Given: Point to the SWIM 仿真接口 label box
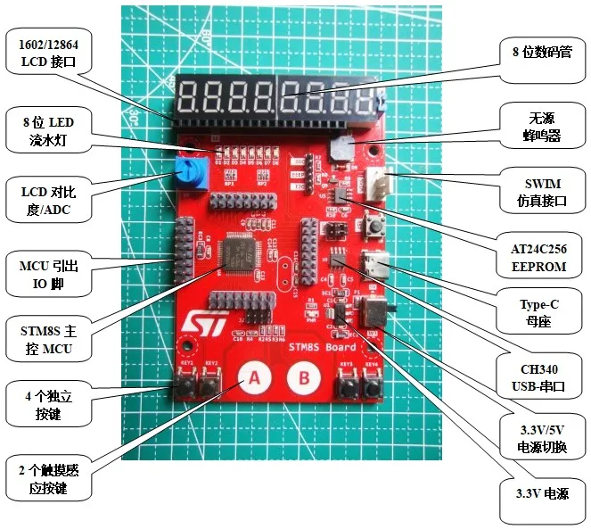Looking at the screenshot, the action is point(542,190).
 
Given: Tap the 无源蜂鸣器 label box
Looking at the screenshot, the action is point(543,127).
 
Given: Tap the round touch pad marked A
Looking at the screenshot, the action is point(253,379).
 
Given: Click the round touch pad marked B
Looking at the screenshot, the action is point(304,379).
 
